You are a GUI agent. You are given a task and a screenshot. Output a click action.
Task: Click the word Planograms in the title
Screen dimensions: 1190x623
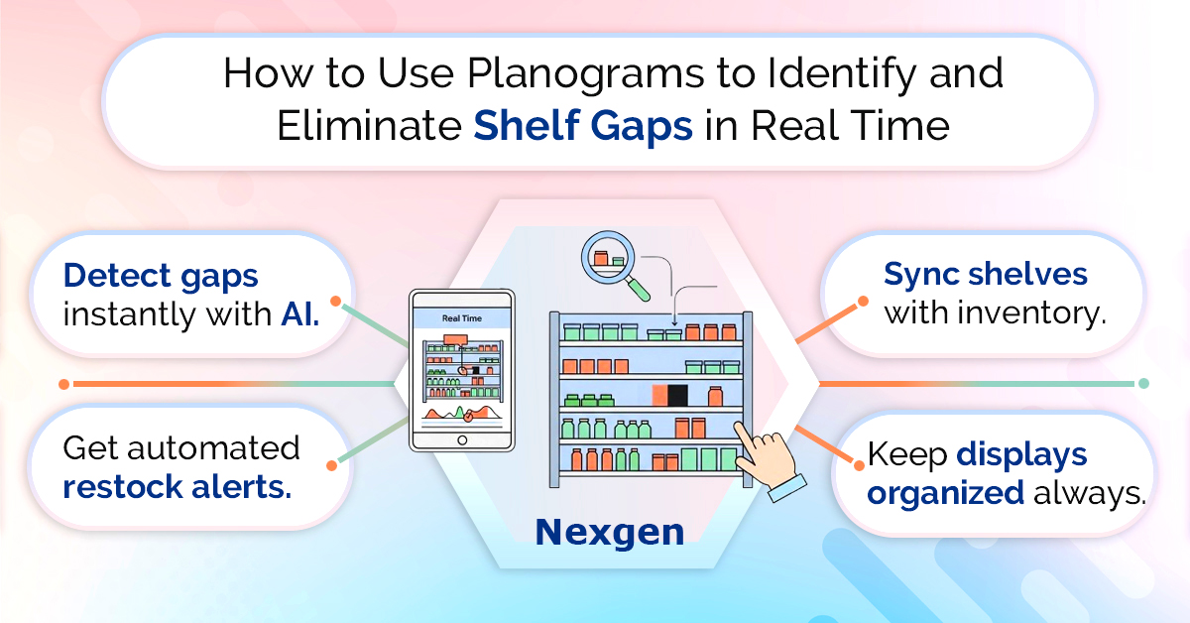click(x=585, y=75)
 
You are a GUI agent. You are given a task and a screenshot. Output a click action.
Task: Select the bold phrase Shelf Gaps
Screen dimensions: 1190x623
click(x=583, y=126)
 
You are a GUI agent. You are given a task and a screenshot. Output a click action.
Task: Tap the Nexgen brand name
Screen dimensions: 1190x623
click(x=609, y=532)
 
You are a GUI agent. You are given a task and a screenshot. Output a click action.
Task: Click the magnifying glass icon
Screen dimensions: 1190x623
click(x=615, y=265)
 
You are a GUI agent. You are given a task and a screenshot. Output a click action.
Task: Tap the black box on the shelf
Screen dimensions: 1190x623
click(x=677, y=395)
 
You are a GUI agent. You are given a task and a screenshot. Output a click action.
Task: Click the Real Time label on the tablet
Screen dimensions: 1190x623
click(x=462, y=318)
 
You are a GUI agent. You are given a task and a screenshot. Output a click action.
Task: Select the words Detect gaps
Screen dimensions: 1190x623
click(x=161, y=277)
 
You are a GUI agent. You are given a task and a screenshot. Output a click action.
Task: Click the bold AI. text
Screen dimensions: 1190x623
click(x=300, y=314)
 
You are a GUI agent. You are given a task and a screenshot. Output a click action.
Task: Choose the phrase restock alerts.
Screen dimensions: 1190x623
click(x=178, y=486)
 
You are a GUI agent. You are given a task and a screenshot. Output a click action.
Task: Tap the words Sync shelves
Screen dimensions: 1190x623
click(x=986, y=274)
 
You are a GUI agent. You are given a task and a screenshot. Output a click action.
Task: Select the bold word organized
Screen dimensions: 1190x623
click(x=946, y=493)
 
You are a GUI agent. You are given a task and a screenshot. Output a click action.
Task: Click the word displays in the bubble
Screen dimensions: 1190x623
click(x=1021, y=455)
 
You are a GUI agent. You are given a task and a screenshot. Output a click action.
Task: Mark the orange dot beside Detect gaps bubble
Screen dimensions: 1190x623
click(x=335, y=301)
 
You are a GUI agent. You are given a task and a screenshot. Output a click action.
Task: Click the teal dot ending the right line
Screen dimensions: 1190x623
click(x=1143, y=383)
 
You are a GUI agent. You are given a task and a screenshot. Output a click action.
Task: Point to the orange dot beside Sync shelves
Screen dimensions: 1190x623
click(x=863, y=302)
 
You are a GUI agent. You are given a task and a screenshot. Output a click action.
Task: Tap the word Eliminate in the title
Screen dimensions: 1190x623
click(x=369, y=127)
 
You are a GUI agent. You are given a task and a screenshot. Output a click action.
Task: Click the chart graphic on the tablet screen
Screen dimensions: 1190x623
click(x=463, y=413)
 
